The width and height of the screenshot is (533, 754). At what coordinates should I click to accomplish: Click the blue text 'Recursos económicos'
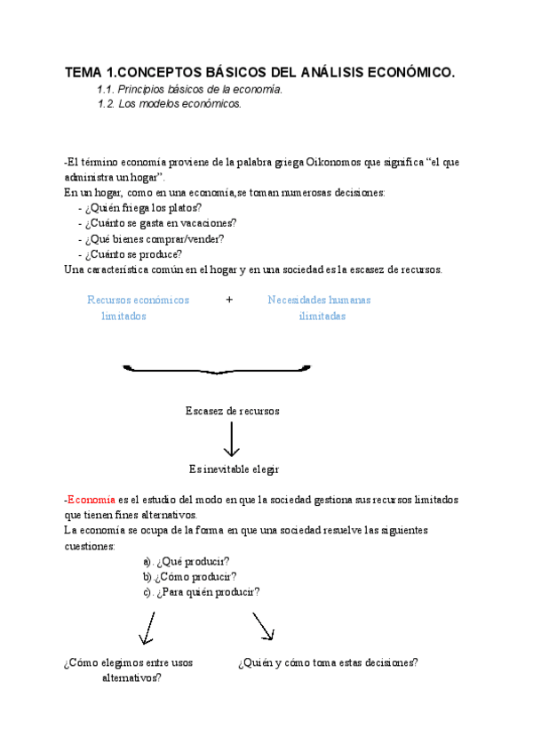[138, 300]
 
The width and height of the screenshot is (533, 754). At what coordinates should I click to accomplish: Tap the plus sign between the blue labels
[229, 300]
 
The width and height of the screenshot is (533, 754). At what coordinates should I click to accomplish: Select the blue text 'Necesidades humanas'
[319, 300]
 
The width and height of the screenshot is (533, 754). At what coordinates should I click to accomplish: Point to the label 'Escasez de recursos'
[232, 411]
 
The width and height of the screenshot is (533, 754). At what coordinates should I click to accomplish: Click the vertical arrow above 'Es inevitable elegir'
[232, 440]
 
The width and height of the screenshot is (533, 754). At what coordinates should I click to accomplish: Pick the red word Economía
[91, 500]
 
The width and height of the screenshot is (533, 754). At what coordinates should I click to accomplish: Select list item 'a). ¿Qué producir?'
[186, 561]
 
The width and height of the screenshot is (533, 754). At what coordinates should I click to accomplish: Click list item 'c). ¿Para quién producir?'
[201, 591]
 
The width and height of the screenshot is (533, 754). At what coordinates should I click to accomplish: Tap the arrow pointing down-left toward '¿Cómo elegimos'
[146, 630]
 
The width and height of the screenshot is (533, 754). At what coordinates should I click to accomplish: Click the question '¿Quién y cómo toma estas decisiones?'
[328, 663]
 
